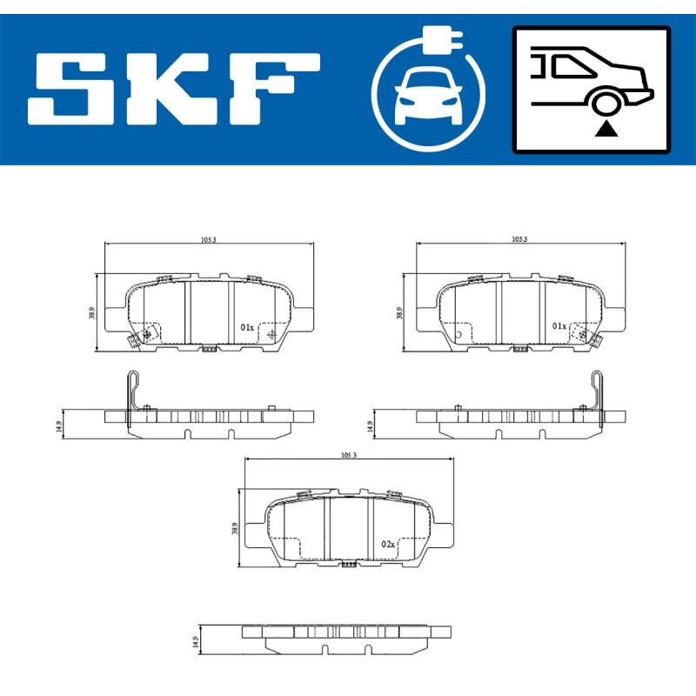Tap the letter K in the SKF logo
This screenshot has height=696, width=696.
point(172,88)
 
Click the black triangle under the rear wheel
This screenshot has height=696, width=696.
point(606,130)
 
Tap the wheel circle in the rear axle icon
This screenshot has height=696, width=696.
point(606,104)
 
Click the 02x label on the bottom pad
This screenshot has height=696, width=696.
point(388,544)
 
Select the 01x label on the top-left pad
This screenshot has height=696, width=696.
point(246,328)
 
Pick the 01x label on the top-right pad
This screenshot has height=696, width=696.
point(559,326)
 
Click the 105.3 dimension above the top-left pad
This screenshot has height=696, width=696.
point(208,238)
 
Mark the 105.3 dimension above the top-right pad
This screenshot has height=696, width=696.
point(520,238)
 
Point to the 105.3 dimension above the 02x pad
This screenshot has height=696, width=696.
point(350,454)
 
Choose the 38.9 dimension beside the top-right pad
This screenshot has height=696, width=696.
point(400,312)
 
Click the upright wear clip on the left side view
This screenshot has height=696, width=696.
point(130,397)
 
